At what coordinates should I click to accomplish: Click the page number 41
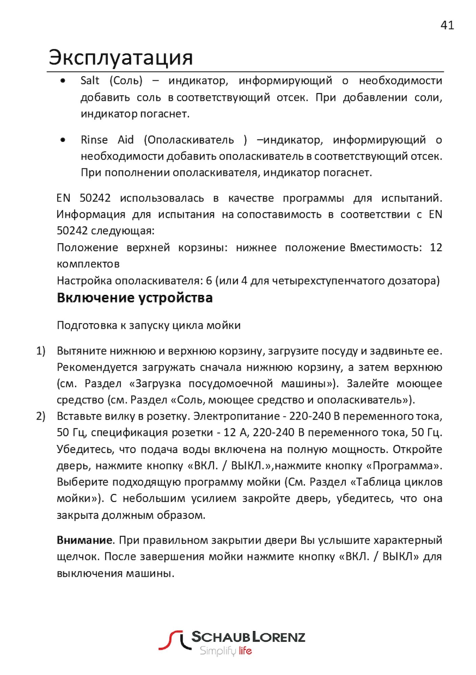[447, 25]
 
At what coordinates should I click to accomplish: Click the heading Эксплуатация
[121, 57]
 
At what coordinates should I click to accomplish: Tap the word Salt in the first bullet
[90, 81]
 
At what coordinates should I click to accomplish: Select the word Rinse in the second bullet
[94, 140]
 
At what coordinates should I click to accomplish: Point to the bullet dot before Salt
[63, 81]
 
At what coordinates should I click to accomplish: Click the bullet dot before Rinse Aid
[63, 140]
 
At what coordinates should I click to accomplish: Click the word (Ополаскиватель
[189, 140]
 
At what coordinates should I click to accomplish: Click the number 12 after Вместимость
[436, 247]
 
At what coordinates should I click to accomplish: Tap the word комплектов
[88, 264]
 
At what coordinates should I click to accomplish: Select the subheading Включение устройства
[135, 298]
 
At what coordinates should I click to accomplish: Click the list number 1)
[41, 351]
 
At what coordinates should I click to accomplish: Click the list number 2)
[41, 416]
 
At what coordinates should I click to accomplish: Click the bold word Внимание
[84, 540]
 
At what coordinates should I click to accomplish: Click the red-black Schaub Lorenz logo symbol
[174, 640]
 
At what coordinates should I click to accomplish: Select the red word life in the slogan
[245, 650]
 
